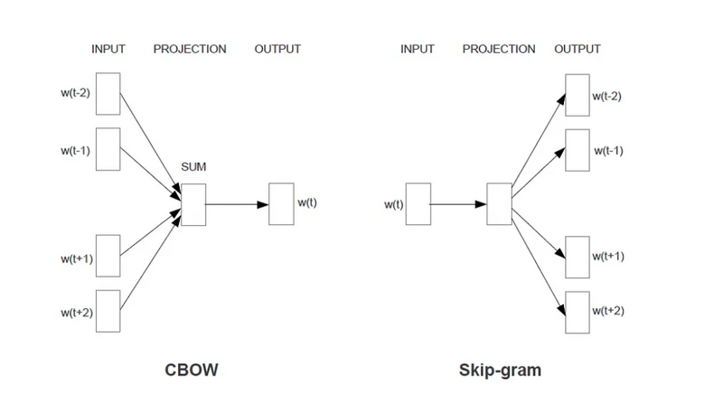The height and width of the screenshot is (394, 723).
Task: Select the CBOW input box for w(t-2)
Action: pos(107,94)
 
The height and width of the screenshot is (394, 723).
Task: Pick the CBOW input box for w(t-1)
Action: pos(107,150)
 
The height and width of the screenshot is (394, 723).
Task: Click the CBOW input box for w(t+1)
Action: pos(107,257)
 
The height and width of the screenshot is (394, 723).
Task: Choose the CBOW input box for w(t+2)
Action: pos(107,312)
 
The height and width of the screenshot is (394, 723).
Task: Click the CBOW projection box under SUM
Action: pos(192,203)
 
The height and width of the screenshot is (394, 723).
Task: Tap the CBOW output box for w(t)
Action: pos(281,203)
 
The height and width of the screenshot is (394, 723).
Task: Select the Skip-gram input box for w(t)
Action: pos(418,203)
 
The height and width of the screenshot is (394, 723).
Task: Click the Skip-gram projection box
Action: pos(499,203)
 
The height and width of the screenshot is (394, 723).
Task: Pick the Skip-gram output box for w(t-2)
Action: pos(577,94)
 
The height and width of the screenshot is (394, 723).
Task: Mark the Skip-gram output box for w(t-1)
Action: pos(577,150)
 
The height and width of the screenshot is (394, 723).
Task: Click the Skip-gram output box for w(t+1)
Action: pos(577,257)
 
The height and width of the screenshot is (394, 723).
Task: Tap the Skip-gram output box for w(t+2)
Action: pos(577,312)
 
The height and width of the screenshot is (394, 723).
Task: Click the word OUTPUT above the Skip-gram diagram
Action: pos(577,49)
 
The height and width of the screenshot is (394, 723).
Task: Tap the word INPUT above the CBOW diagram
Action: pos(108,49)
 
